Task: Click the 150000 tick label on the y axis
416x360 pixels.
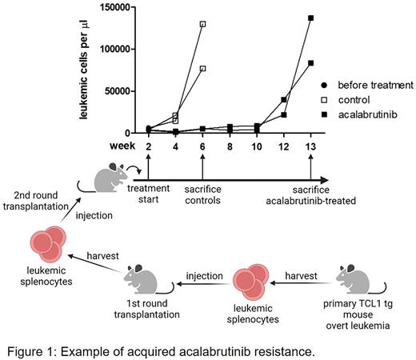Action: coord(118,7)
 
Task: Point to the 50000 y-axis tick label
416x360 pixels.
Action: coord(121,91)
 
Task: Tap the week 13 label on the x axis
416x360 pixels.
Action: coord(310,146)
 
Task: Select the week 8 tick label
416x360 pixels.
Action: coord(230,146)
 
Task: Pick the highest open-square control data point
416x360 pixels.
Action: coord(203,24)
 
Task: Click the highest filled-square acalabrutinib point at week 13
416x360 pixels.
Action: coord(310,18)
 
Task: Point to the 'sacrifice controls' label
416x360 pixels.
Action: coord(203,193)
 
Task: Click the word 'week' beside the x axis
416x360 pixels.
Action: coord(123,146)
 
